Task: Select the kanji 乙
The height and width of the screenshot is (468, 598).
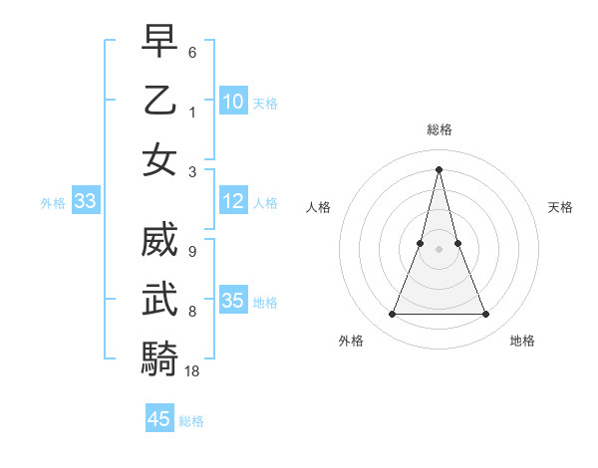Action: [159, 101]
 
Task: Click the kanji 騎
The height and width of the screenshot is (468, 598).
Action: [159, 358]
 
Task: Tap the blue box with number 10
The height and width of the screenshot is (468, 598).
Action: [232, 101]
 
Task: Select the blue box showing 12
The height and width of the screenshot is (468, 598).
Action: [232, 201]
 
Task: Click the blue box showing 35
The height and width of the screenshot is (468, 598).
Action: [232, 301]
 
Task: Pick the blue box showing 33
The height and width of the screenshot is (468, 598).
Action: [85, 201]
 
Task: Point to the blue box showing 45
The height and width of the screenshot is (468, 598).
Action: [158, 419]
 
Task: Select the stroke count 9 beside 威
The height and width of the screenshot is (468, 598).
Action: [192, 251]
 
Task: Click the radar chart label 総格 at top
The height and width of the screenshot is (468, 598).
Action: [440, 129]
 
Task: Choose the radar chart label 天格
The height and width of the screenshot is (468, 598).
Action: [561, 207]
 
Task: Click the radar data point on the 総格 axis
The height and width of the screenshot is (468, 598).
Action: [440, 169]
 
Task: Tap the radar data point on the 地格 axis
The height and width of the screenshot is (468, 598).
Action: [486, 315]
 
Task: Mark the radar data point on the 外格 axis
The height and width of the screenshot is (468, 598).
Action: [393, 315]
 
